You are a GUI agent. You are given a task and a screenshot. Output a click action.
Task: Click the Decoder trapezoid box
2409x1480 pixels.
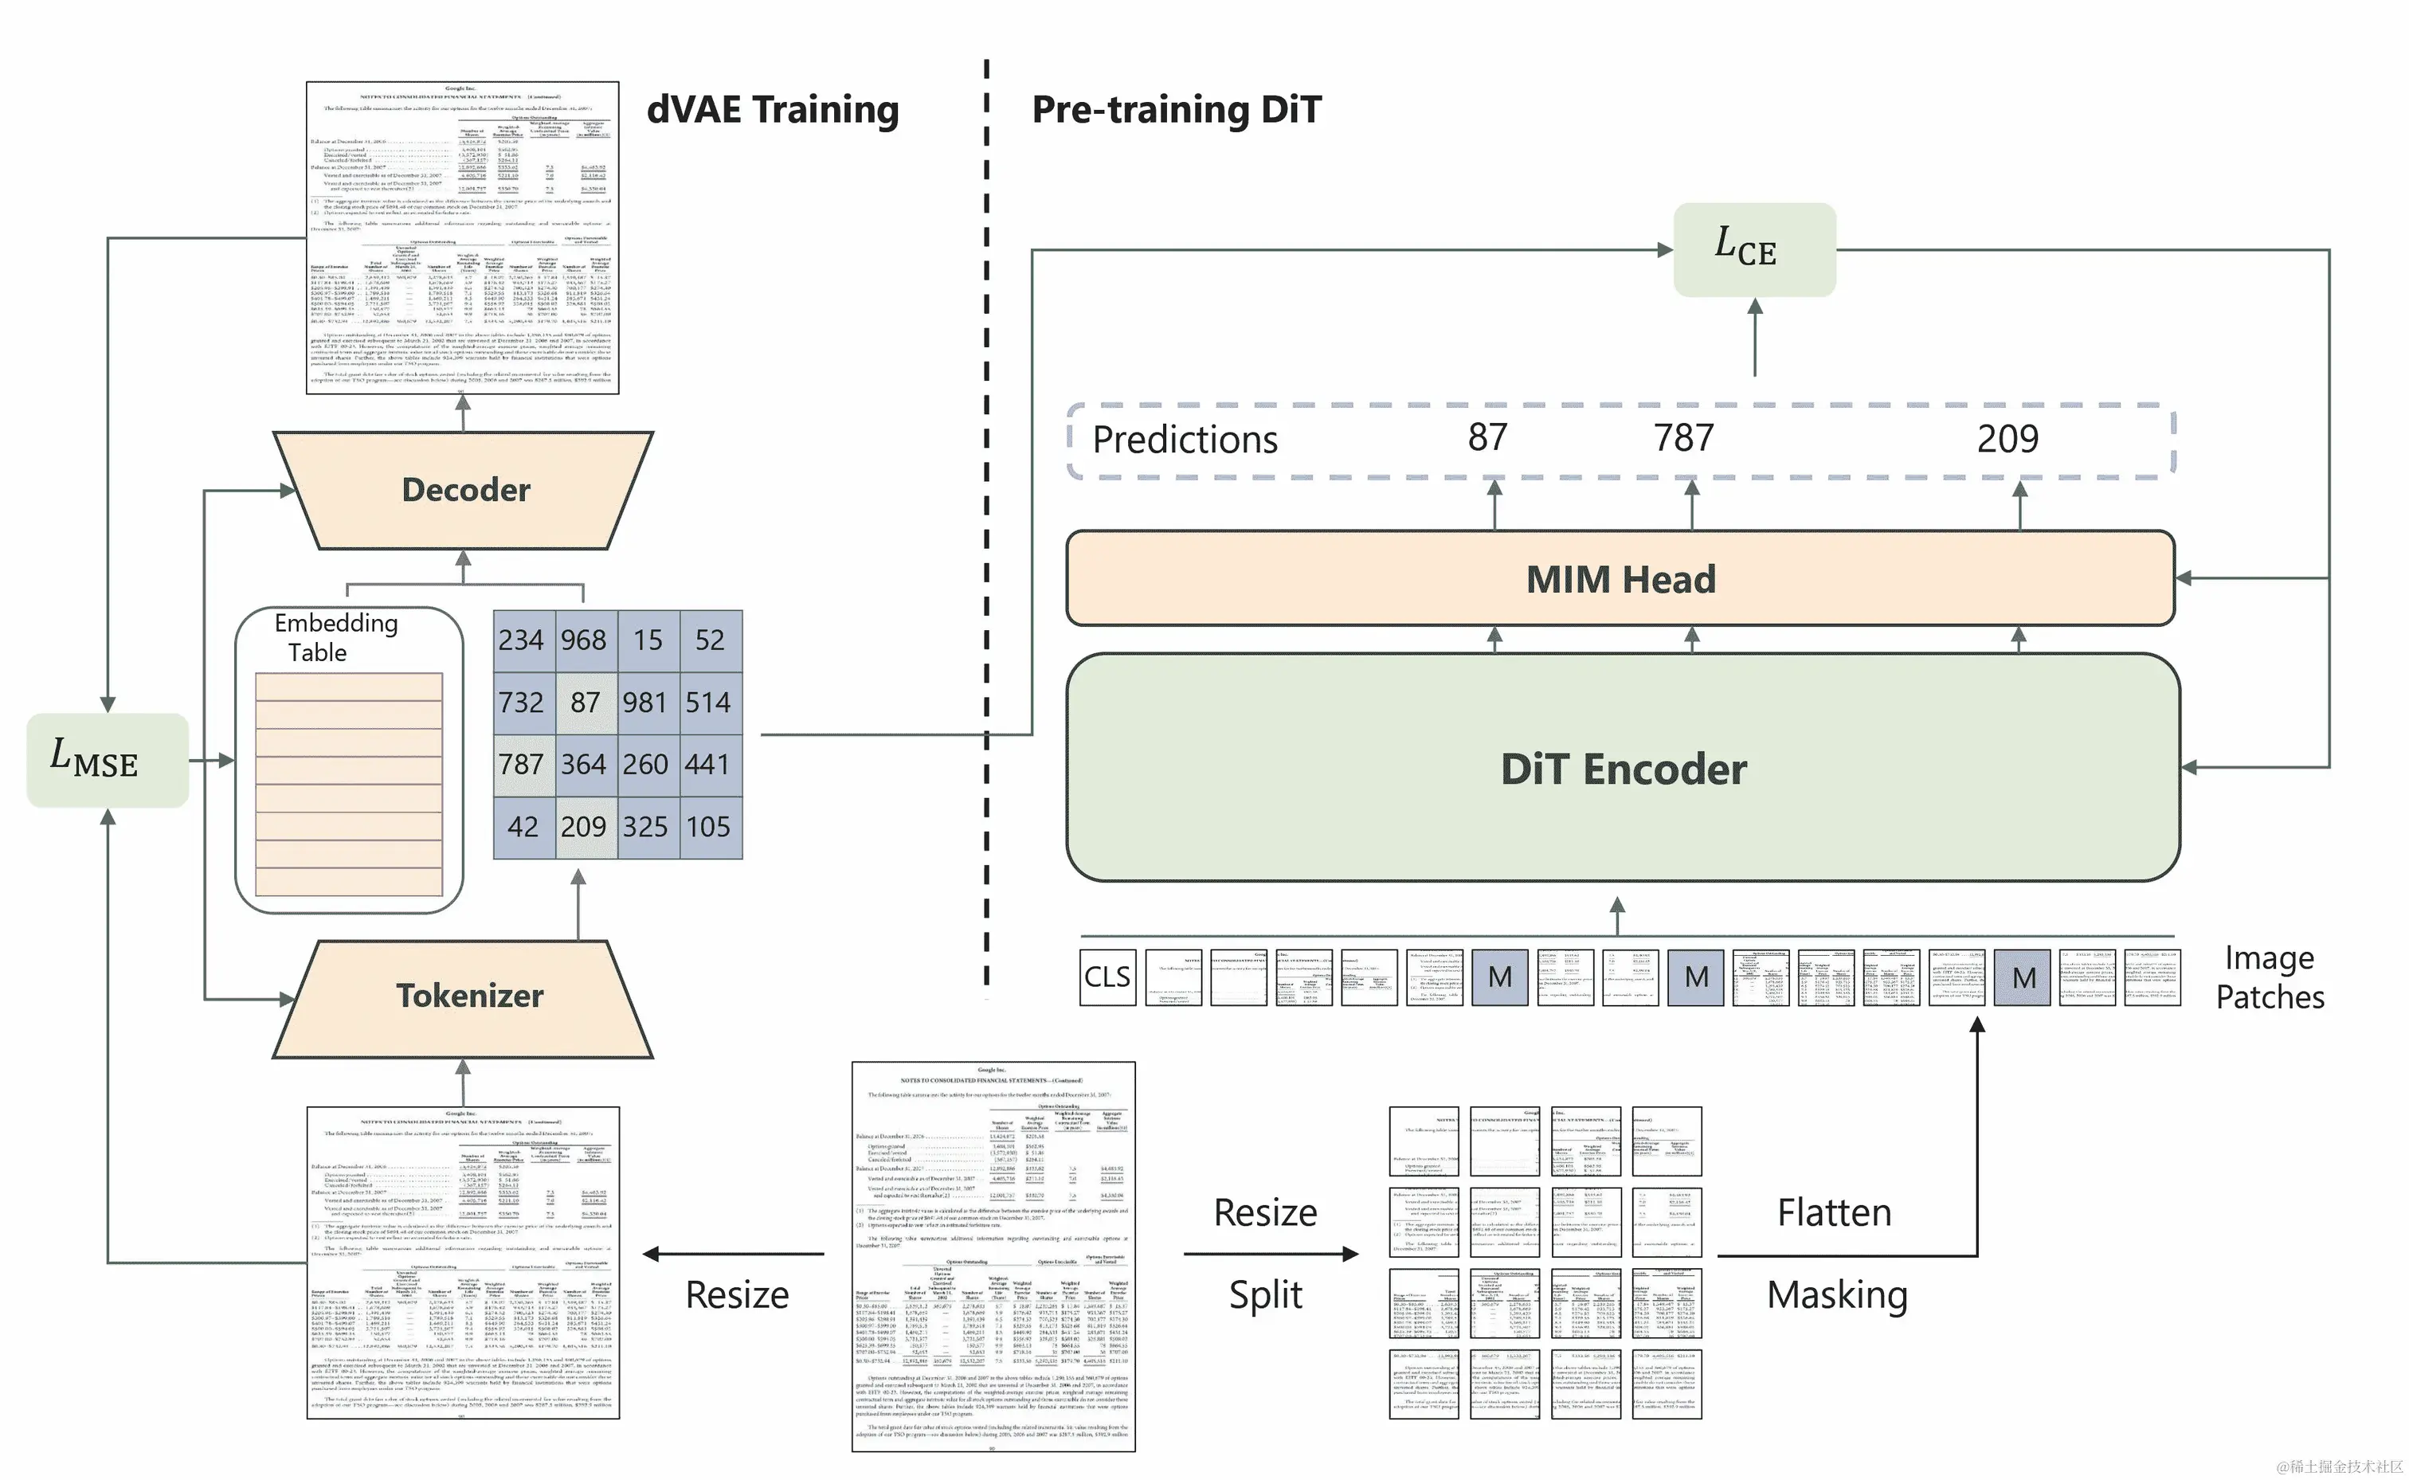click(x=465, y=489)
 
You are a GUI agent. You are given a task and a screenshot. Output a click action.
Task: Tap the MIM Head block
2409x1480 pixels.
click(x=1620, y=578)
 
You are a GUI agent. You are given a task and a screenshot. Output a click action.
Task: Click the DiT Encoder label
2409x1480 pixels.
click(x=1623, y=769)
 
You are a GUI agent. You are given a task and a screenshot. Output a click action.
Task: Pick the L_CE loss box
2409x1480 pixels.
click(x=1753, y=249)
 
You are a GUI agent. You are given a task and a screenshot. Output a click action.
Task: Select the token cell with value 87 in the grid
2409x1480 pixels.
click(x=585, y=702)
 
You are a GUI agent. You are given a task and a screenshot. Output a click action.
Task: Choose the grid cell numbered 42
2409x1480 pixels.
click(x=523, y=827)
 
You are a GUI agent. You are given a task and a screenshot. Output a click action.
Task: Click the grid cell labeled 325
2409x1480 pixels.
click(x=646, y=827)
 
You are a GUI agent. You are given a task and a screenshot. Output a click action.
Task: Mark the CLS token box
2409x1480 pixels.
click(x=1107, y=977)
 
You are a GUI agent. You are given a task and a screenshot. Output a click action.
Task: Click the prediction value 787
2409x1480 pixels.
click(x=1683, y=439)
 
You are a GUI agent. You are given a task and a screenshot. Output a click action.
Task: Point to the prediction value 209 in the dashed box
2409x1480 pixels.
click(x=2007, y=439)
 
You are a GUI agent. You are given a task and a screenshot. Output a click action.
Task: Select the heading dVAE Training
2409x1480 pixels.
click(x=772, y=110)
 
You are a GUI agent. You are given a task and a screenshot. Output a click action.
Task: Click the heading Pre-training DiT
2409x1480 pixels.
click(x=1176, y=110)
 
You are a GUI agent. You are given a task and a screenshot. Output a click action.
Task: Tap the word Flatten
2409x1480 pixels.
click(x=1833, y=1213)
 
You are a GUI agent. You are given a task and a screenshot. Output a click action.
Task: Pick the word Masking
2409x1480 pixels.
click(x=1836, y=1295)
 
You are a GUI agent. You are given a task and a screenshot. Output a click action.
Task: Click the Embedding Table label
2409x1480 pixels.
click(x=335, y=637)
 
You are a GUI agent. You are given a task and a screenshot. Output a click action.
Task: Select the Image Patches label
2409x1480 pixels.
click(x=2269, y=977)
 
